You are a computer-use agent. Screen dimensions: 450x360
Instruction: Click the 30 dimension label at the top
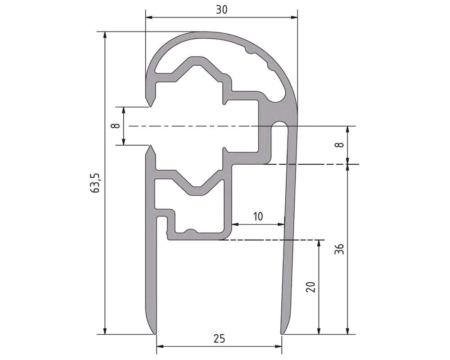pos(221,10)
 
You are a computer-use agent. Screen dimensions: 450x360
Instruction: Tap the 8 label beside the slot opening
pos(116,126)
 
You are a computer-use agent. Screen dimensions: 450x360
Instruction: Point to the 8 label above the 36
pos(340,144)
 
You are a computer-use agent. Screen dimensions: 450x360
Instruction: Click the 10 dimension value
pos(258,216)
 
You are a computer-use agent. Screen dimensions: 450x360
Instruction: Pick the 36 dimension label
pos(340,249)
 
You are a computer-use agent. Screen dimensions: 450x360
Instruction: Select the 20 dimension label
pos(310,287)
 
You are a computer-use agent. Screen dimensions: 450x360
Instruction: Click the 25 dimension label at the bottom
pos(219,339)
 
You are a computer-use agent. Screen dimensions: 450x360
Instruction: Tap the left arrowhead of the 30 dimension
pos(149,18)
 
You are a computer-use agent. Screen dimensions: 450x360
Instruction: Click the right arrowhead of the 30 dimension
pos(293,18)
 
